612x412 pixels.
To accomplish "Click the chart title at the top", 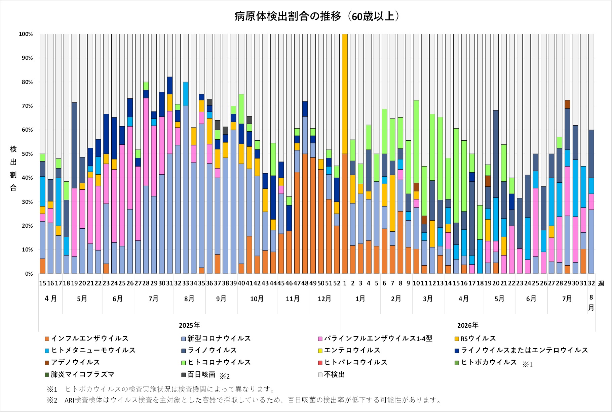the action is click(317, 16).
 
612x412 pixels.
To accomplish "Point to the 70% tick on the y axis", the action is click(26, 106).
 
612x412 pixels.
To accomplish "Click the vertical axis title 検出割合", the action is click(13, 169).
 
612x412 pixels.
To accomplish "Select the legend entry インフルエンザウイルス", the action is click(87, 338).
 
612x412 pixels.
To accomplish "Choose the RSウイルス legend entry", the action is click(475, 338).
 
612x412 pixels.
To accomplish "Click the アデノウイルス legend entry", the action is click(72, 362).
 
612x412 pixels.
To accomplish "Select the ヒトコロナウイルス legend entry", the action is click(216, 362).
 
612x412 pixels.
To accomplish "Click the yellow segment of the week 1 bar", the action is click(345, 94).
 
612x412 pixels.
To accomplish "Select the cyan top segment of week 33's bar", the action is click(186, 94).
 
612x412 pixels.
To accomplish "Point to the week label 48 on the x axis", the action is click(305, 283).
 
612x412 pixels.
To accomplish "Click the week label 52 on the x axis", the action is click(337, 283).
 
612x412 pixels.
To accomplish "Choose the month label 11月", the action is click(293, 299).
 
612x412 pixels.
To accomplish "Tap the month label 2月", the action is click(396, 299).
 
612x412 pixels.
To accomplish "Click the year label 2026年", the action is click(468, 325).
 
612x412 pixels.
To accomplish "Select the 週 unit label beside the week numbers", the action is click(601, 283).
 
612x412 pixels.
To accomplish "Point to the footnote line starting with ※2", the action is click(244, 400).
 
